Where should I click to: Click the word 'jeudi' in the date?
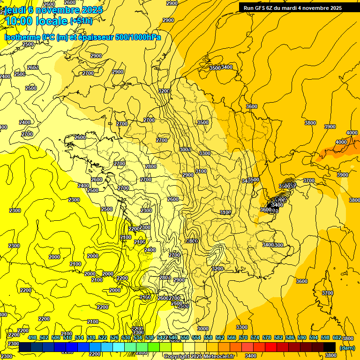14,9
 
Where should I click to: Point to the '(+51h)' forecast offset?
81,21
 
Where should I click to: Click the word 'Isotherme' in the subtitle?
22,37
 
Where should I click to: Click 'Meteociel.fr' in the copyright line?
217,357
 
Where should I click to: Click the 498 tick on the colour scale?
32,338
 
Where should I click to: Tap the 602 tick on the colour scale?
337,338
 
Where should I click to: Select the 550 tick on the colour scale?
185,338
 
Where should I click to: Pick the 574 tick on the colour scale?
255,338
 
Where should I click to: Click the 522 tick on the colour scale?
103,338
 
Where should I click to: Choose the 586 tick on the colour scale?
290,338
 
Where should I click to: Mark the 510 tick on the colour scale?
67,338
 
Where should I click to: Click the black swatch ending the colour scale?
330,347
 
